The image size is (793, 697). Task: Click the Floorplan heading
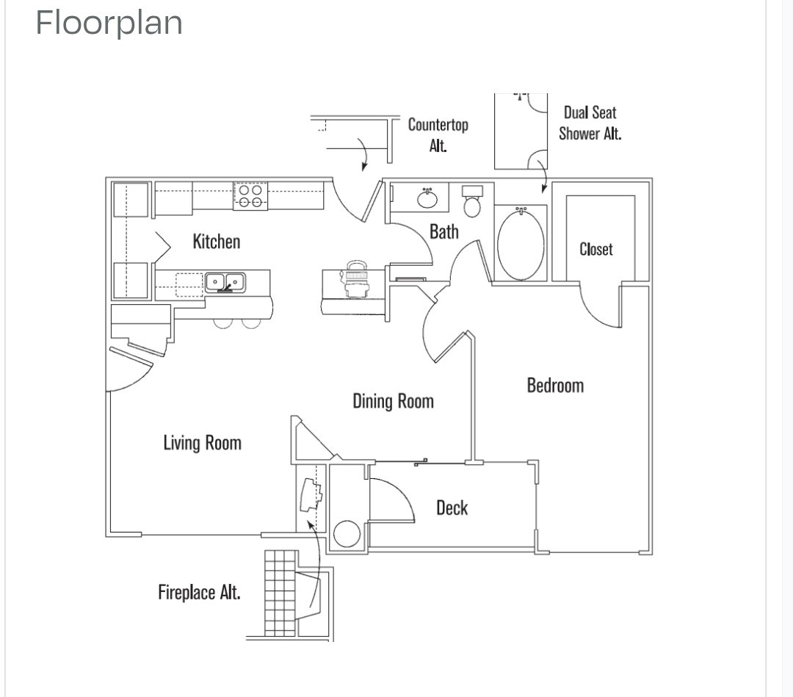click(109, 23)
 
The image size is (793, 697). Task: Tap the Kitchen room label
click(217, 241)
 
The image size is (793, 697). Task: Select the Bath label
click(444, 231)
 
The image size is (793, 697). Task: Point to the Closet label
click(595, 249)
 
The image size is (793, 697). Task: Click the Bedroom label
click(555, 386)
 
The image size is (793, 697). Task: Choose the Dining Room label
click(393, 401)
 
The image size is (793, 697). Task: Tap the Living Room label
click(203, 443)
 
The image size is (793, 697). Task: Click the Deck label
click(452, 508)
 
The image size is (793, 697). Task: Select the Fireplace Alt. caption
click(199, 592)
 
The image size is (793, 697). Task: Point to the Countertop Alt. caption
click(438, 135)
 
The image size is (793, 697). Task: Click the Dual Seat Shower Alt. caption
click(590, 123)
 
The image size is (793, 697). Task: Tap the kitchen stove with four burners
click(250, 196)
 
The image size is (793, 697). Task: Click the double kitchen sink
click(225, 282)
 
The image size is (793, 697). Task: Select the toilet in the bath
click(472, 201)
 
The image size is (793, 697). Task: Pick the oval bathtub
click(521, 244)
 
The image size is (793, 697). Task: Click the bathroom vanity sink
click(427, 198)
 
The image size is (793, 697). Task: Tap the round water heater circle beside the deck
click(347, 534)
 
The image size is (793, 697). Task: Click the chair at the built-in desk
click(357, 278)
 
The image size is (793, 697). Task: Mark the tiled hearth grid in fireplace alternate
click(280, 593)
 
